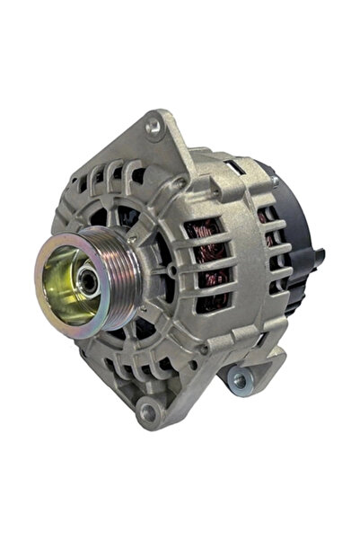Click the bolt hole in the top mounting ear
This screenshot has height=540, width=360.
pos(154,126)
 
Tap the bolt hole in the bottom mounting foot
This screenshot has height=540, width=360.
pos(147,412)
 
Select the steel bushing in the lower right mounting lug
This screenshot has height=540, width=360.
pos(239,380)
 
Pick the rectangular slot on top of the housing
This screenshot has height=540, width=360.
pos(234,167)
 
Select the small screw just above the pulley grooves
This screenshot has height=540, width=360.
pos(133,240)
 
